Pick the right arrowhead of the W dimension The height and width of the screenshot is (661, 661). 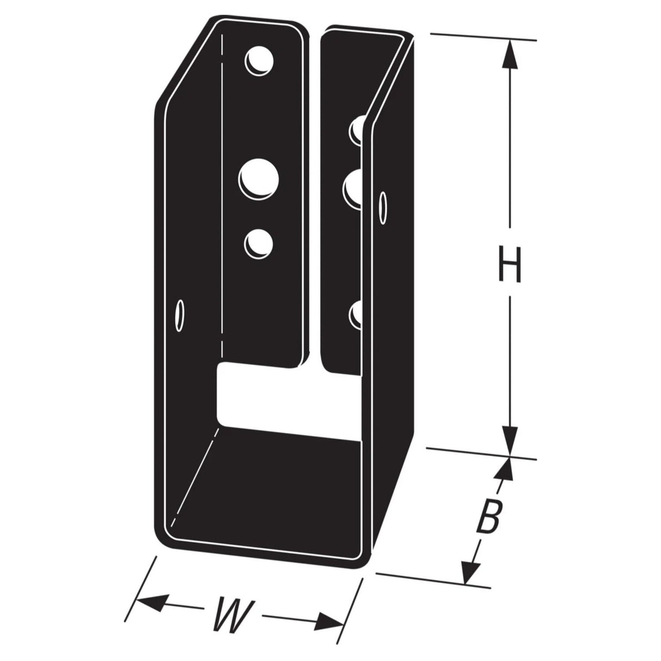tap(332, 621)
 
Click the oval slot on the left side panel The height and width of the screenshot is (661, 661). tap(178, 315)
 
